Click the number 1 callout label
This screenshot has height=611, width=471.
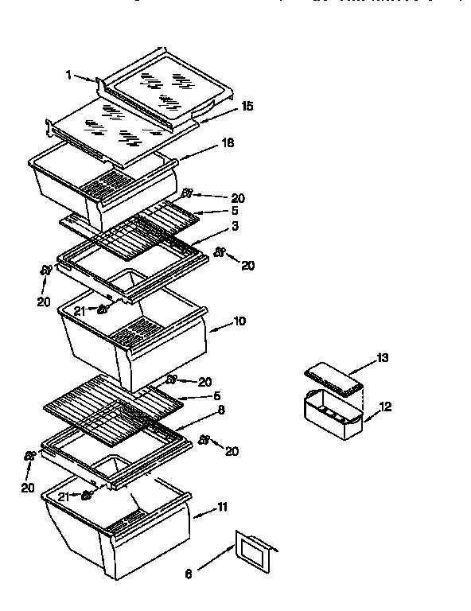pyautogui.click(x=68, y=75)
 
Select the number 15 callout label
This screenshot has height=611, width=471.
pyautogui.click(x=248, y=106)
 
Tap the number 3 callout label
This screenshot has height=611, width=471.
pyautogui.click(x=235, y=227)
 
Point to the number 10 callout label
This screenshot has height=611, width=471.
pyautogui.click(x=239, y=321)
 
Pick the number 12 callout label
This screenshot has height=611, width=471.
pyautogui.click(x=385, y=407)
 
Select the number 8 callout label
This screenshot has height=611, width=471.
pyautogui.click(x=221, y=410)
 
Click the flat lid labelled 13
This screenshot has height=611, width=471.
pyautogui.click(x=334, y=379)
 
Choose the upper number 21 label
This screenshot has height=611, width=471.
pyautogui.click(x=80, y=311)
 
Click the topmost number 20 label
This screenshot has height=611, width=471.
pyautogui.click(x=237, y=198)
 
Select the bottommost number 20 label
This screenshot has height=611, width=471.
pyautogui.click(x=28, y=488)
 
